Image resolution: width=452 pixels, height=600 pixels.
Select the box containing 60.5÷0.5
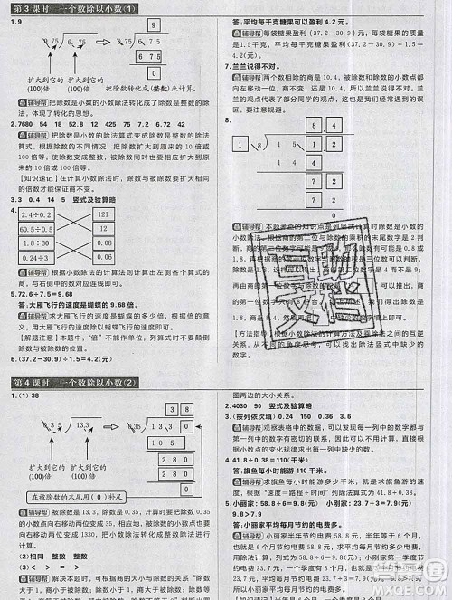click(x=33, y=230)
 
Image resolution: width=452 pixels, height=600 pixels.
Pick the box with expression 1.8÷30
click(x=33, y=243)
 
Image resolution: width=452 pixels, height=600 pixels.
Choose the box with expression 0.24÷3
click(x=33, y=258)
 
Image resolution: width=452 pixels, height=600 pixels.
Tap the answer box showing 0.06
click(x=102, y=258)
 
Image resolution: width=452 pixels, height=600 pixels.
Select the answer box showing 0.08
click(x=102, y=243)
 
